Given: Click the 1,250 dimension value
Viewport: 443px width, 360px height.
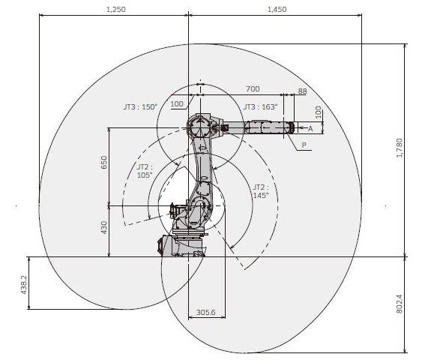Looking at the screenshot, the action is click(116, 9).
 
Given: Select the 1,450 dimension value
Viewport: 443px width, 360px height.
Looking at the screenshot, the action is click(277, 9).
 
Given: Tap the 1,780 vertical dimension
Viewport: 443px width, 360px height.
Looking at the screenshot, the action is click(400, 148).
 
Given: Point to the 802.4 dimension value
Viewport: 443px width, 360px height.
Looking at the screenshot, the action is click(400, 304).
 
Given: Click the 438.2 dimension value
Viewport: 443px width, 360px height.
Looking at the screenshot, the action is click(24, 284).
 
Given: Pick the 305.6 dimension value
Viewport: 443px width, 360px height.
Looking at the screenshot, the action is click(205, 312).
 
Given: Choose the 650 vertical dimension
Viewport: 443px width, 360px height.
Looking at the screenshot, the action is click(104, 162).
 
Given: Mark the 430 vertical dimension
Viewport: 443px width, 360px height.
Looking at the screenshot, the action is click(104, 227).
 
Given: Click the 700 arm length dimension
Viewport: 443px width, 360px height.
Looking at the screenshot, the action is click(253, 88).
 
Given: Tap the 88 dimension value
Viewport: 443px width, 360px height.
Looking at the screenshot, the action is click(302, 91).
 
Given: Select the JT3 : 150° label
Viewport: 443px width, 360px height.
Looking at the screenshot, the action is click(140, 106).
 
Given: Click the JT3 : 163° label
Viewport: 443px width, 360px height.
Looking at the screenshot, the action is click(260, 106).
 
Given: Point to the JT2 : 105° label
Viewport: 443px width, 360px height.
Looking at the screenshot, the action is click(145, 171).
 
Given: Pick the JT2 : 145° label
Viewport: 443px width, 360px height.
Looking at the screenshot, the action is click(261, 191).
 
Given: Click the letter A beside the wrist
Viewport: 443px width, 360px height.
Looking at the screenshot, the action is click(310, 129).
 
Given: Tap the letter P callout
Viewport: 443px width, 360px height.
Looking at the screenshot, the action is click(304, 145).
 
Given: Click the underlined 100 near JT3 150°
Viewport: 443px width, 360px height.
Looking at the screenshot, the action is click(177, 104).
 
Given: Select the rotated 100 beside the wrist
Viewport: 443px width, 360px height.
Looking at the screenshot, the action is click(318, 112).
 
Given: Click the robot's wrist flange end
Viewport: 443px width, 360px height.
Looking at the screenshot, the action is click(292, 127).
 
